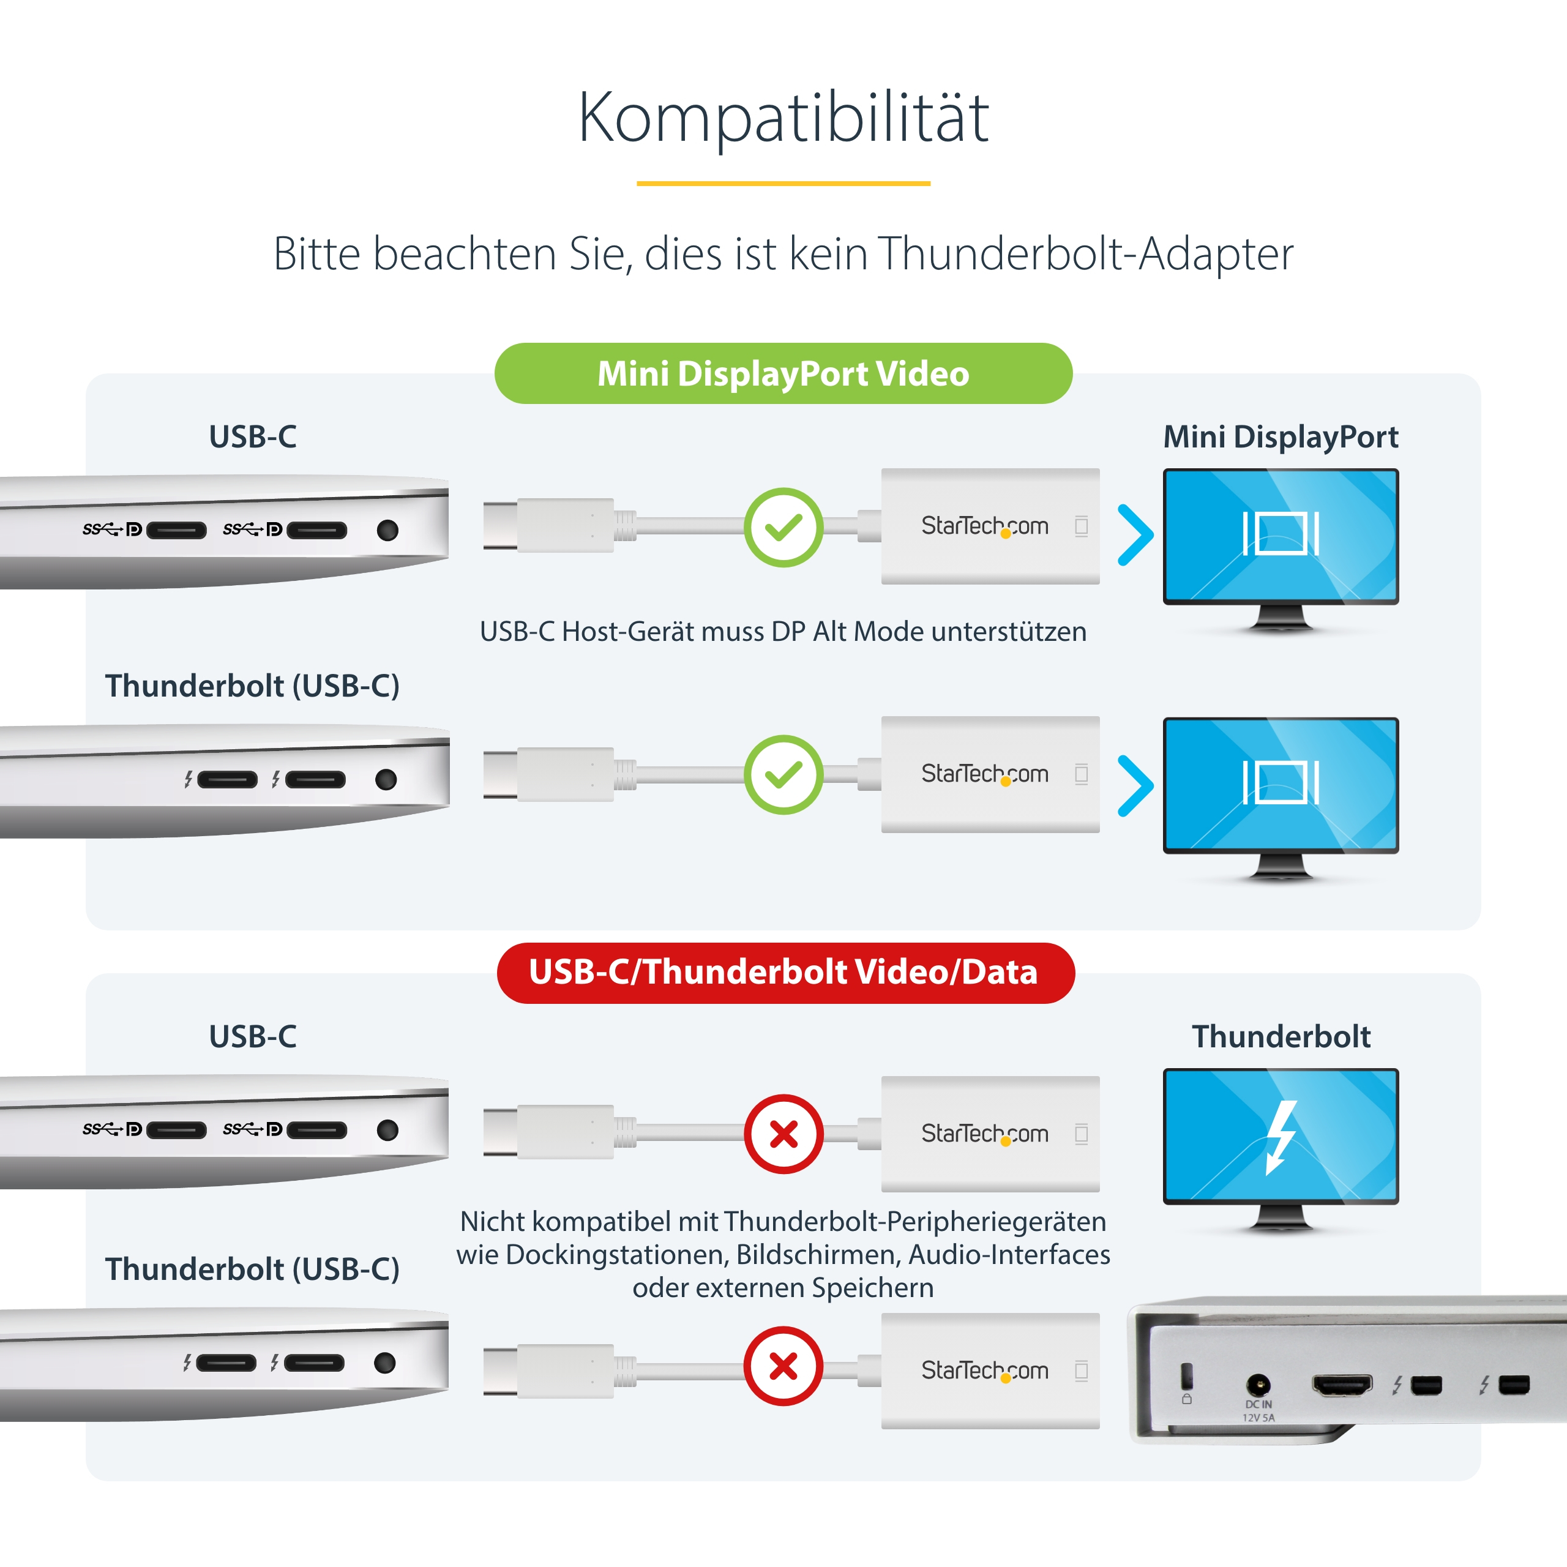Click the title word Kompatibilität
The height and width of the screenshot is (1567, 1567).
(783, 118)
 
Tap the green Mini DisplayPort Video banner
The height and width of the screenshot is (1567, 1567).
(783, 373)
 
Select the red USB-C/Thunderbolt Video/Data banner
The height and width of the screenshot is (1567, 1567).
(785, 973)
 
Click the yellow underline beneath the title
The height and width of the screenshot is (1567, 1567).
(783, 183)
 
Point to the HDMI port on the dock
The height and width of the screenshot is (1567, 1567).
(1342, 1385)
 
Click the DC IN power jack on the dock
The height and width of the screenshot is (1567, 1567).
(1258, 1384)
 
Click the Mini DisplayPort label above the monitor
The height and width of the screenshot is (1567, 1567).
(1281, 436)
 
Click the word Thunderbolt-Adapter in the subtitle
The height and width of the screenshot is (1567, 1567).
(1085, 254)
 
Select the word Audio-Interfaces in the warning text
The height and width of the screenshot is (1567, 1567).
(1010, 1255)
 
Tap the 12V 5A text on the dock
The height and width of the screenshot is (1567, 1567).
(1258, 1418)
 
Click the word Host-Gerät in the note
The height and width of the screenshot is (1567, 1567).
(628, 631)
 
